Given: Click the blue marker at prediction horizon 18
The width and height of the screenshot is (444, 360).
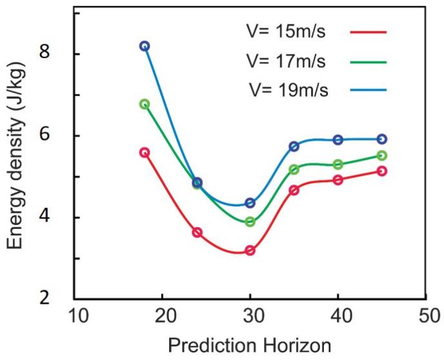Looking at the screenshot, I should [145, 46].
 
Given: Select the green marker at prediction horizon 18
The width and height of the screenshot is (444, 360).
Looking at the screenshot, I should [145, 104].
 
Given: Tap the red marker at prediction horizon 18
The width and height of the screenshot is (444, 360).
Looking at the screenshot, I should [145, 152].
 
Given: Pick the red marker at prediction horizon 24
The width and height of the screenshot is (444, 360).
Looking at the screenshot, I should [197, 232].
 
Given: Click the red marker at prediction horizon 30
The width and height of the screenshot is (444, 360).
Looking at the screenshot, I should [250, 250].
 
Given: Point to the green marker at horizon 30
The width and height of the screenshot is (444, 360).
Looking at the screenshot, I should [250, 222].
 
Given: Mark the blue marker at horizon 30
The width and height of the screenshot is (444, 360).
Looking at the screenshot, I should [250, 203].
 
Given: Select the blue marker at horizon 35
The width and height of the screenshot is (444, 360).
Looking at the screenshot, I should [294, 146].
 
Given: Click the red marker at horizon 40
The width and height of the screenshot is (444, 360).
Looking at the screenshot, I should [338, 179].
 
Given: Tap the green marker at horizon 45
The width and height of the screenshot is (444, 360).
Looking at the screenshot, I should [381, 155].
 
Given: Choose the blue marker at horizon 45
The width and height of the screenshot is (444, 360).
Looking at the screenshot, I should [381, 139].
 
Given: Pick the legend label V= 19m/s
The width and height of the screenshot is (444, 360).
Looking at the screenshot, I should [288, 90].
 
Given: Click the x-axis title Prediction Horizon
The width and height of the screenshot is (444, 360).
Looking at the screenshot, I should [251, 345].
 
